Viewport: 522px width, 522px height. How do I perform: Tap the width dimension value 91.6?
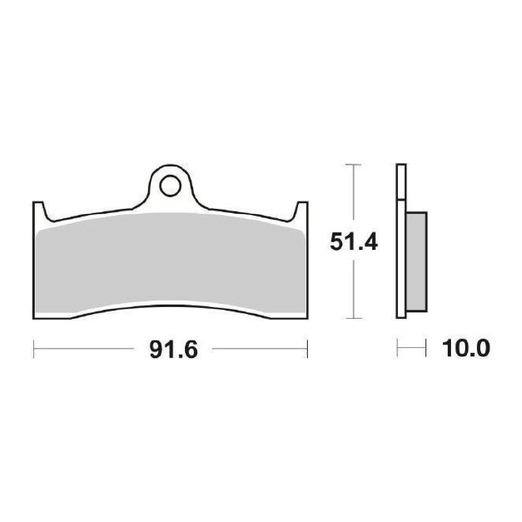point(173,350)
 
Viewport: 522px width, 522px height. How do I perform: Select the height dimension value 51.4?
point(353,242)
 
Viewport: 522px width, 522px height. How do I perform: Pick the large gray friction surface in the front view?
point(171,267)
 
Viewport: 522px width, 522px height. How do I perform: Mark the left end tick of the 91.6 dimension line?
point(34,349)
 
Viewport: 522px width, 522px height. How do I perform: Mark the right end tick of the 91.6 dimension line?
point(307,349)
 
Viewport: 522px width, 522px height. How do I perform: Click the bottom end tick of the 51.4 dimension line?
point(353,319)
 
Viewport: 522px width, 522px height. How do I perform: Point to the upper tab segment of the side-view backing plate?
point(401,182)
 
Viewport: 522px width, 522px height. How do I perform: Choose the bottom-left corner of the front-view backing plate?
point(34,318)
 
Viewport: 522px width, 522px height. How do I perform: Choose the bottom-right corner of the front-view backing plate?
point(307,318)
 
